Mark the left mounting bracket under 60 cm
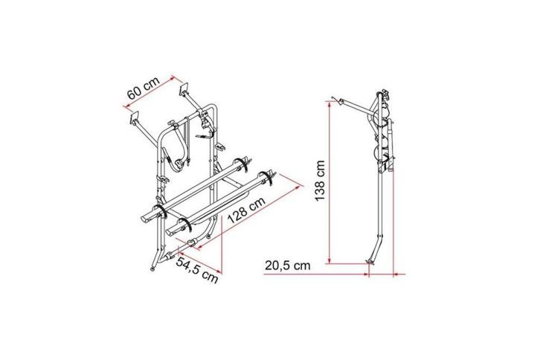pos(135,118)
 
